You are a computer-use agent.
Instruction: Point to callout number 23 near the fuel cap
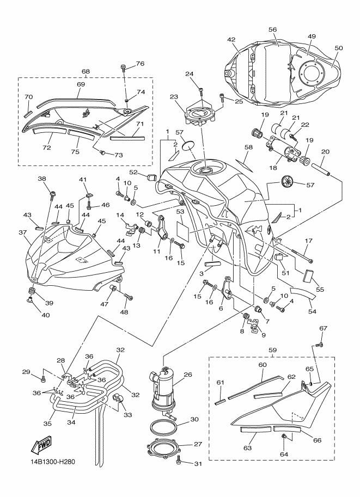point(174,97)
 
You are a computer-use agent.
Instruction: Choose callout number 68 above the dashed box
point(86,71)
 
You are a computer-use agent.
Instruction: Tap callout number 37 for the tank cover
point(22,232)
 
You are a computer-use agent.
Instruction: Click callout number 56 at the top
point(273,30)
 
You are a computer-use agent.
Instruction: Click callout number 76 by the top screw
point(140,64)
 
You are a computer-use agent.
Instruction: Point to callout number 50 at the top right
point(339,48)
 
